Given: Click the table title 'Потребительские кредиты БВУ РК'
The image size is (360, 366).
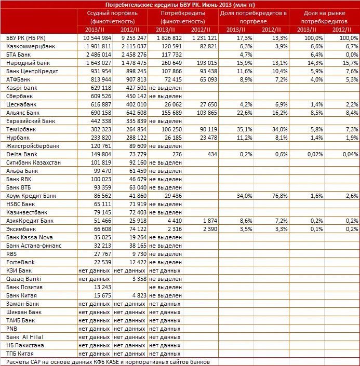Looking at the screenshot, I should click(180, 5).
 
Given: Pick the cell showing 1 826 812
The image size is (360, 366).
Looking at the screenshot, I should click(166, 38).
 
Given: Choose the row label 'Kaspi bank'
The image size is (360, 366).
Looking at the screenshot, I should click(22, 88).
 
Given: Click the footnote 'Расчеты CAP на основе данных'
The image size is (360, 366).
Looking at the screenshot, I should click(109, 361).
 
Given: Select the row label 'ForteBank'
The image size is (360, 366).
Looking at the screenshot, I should click(21, 262).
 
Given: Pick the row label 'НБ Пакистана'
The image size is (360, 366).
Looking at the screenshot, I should click(25, 345).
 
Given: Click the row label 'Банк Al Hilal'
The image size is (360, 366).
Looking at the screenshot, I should click(25, 336).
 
